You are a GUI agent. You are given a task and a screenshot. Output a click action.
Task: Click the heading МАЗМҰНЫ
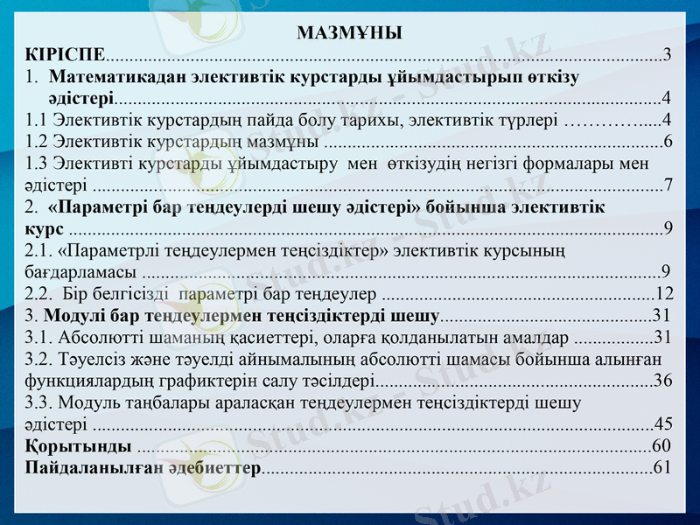[x=349, y=34]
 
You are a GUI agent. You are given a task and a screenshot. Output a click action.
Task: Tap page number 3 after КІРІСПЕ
[x=668, y=54]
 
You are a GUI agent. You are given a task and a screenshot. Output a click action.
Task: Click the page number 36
[x=663, y=380]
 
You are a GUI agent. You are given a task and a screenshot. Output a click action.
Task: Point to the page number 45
[x=663, y=423]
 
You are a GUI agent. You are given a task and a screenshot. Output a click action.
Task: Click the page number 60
[x=663, y=445]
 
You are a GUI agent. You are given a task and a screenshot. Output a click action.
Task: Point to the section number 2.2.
[x=40, y=293]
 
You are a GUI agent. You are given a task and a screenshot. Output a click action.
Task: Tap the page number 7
[x=668, y=185]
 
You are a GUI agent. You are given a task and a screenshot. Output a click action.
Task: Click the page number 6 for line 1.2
[x=668, y=141]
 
